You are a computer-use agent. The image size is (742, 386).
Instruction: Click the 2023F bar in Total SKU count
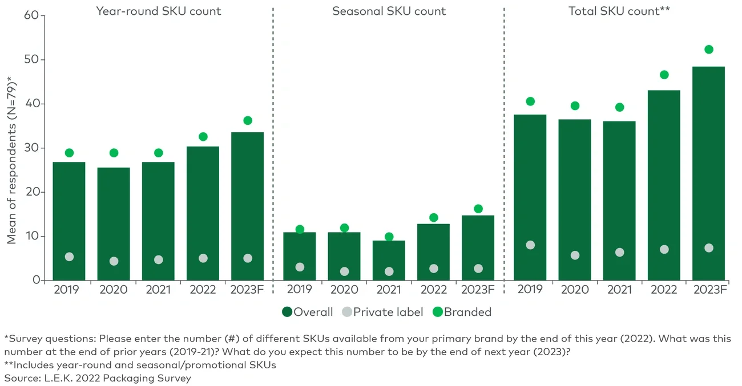tap(708, 173)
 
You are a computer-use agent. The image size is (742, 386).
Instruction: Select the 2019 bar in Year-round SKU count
tap(69, 221)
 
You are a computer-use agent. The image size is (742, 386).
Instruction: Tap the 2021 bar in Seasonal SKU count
tap(389, 261)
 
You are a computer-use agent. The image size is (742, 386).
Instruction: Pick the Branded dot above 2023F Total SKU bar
tap(709, 50)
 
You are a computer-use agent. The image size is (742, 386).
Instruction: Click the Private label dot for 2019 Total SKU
tap(530, 245)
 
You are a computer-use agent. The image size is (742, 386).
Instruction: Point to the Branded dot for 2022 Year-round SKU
tap(203, 137)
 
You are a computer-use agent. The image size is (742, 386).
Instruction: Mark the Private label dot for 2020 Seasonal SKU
tap(344, 272)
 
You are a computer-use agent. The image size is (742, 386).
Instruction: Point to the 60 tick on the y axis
tap(31, 15)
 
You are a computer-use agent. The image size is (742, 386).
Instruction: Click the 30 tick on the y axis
tap(31, 148)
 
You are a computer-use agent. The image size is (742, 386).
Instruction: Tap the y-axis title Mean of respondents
tap(11, 163)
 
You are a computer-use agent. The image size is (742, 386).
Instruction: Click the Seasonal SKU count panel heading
tap(389, 11)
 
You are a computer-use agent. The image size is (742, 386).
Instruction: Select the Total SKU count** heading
tap(619, 11)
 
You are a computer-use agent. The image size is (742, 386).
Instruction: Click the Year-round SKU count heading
tap(158, 11)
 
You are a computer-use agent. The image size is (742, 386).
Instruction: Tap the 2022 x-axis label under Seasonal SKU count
tap(433, 290)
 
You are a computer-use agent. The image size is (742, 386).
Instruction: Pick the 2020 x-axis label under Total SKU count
tap(575, 290)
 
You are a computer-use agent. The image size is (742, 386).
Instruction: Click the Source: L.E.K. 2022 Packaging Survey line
tap(98, 377)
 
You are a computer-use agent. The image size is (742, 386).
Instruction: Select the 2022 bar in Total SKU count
tap(664, 185)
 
